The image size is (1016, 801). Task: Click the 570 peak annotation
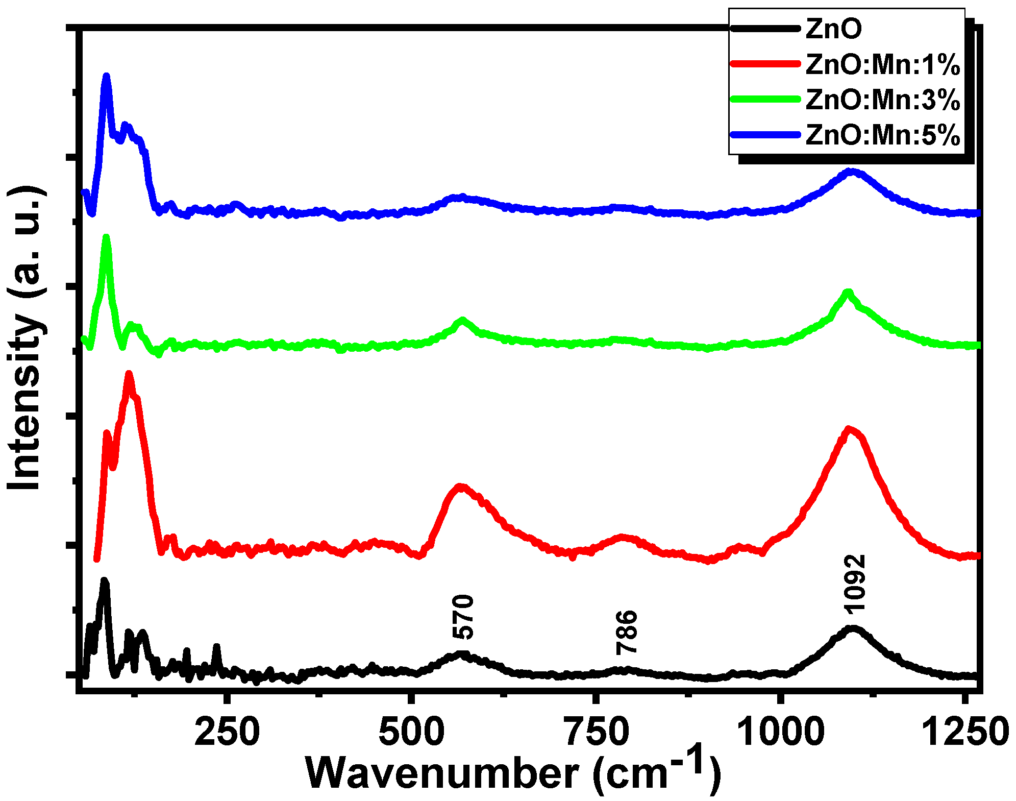point(463,617)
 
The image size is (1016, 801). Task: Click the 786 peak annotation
point(626,632)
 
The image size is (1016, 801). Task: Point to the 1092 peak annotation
point(854,583)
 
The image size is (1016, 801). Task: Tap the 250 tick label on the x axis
point(227,732)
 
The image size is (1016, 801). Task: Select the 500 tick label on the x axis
point(410,732)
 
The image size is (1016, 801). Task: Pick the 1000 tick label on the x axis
point(780,732)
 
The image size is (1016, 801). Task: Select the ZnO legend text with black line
point(833,29)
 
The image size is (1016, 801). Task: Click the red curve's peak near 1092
point(849,429)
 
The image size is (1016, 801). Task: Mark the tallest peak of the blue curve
point(106,76)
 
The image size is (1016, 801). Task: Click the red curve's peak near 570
point(460,486)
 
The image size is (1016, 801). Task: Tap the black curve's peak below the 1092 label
point(851,628)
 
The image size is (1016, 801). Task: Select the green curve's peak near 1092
point(848,292)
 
